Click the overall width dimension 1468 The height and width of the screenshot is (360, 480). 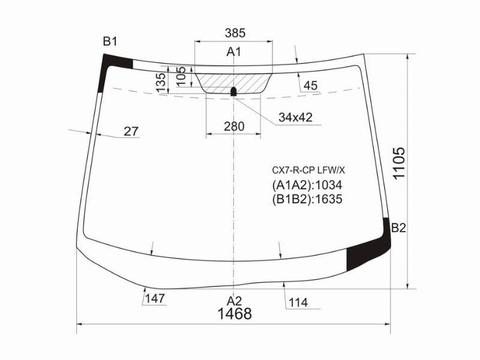tap(235, 313)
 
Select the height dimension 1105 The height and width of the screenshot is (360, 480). tap(399, 163)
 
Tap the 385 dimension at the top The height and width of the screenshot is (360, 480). tap(235, 33)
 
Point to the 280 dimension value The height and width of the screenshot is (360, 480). tap(234, 126)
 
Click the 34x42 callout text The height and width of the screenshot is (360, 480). tap(295, 117)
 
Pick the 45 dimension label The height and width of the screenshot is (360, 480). tap(311, 85)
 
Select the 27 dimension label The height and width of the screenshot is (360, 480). tap(131, 131)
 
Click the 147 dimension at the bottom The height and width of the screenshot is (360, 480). tap(155, 298)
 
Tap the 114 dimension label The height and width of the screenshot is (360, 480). tap(298, 303)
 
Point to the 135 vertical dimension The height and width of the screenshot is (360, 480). tap(161, 83)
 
